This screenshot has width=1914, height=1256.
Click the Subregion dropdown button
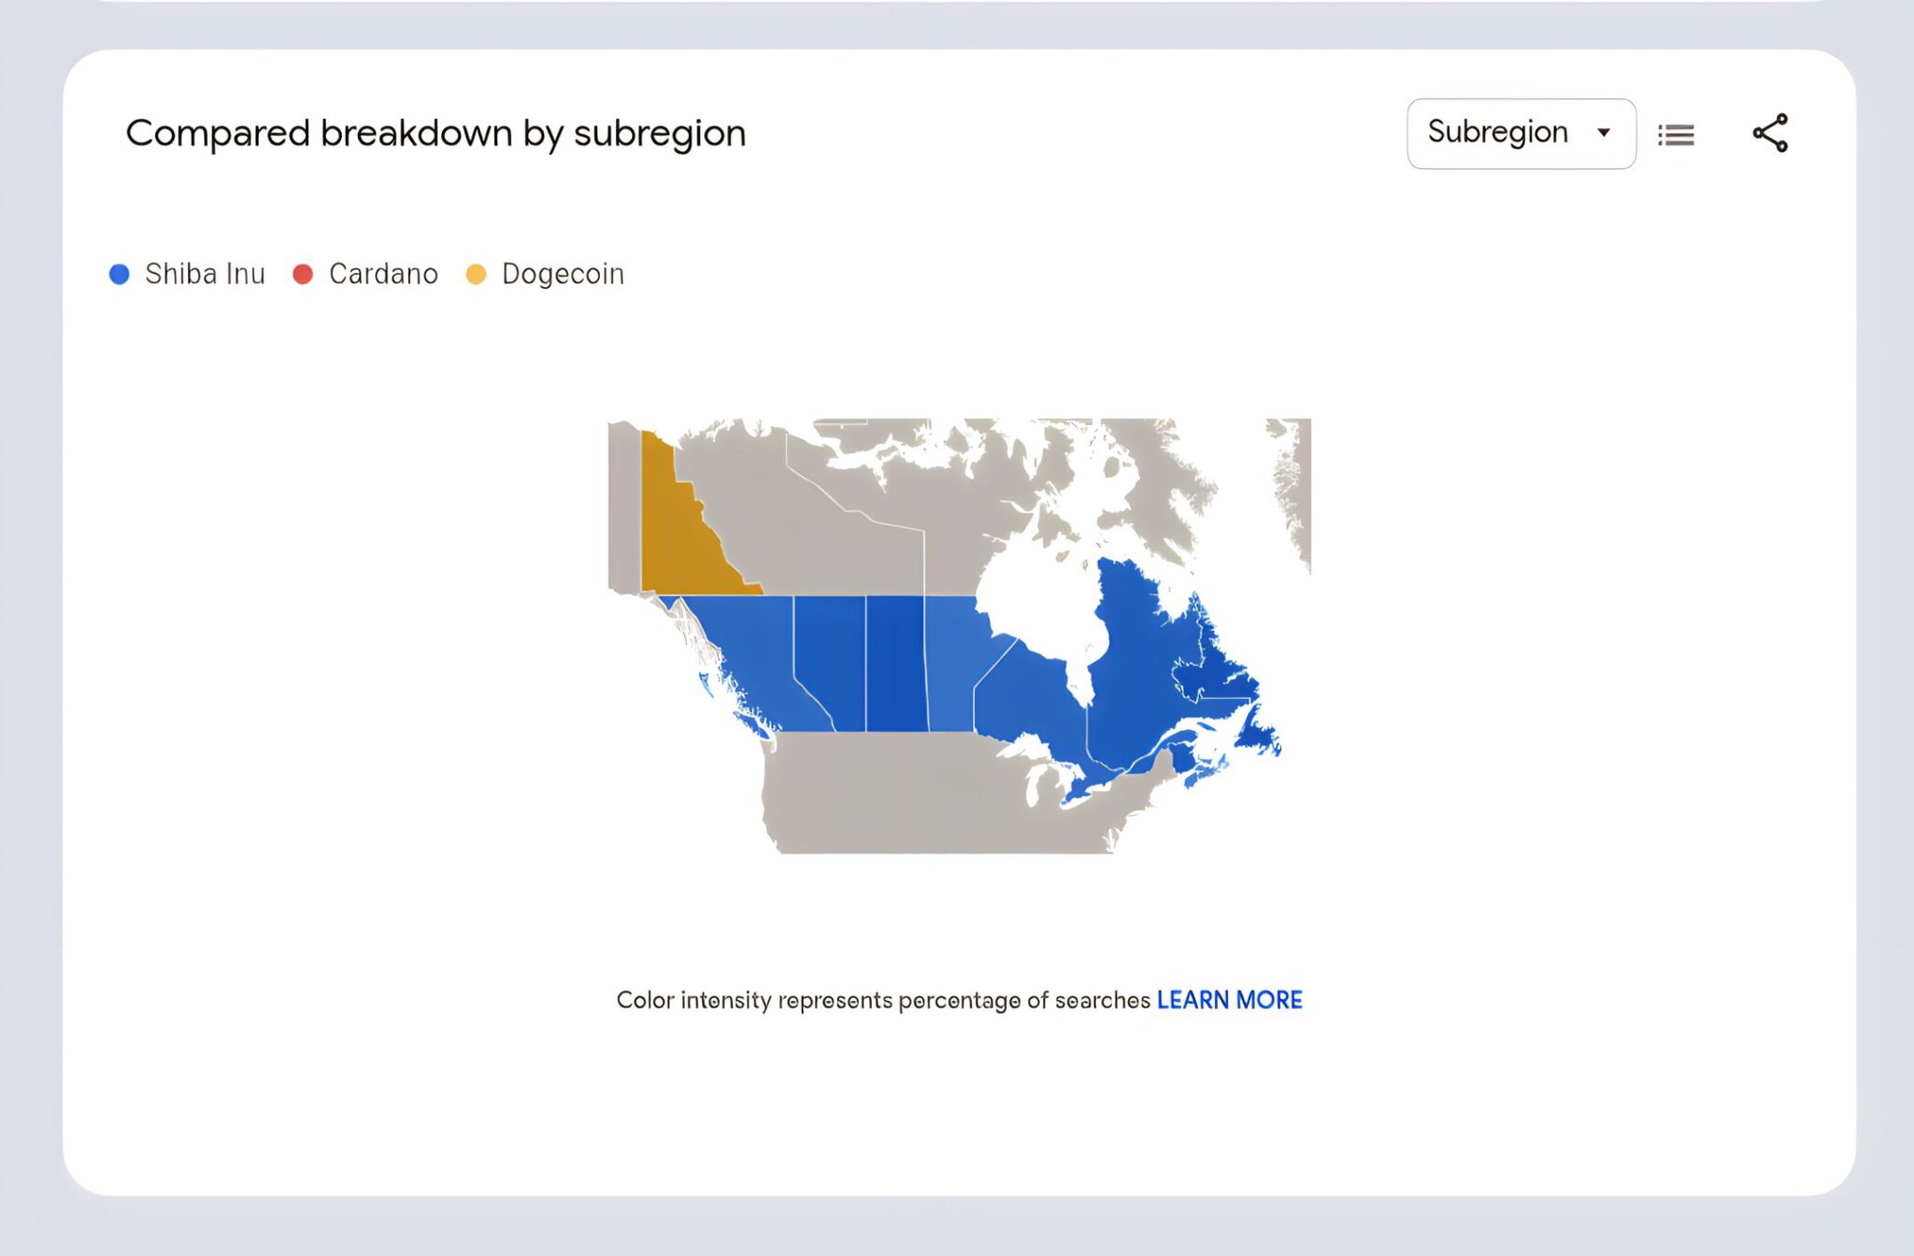(1521, 134)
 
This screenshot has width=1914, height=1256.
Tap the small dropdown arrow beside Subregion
(1604, 133)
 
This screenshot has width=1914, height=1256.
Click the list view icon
(1676, 136)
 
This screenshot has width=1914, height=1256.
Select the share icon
(1770, 133)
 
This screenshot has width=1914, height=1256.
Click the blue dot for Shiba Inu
(120, 274)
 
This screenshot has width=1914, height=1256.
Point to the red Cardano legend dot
(303, 274)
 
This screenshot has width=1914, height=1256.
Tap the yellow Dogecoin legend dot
(476, 274)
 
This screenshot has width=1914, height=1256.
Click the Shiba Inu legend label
(205, 274)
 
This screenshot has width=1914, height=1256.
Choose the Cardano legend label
(383, 274)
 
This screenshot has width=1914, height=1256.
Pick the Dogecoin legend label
(563, 274)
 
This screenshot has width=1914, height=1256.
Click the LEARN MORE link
(1229, 1000)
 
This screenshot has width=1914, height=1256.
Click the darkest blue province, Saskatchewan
(895, 664)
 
